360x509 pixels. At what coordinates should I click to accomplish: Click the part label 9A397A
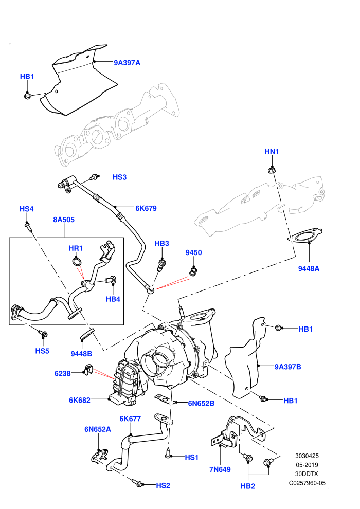tap(127, 63)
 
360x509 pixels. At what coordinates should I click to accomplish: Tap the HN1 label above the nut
tap(272, 151)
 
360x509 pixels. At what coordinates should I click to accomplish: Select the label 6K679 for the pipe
tap(146, 208)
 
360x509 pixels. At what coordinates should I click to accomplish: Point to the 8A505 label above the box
tap(64, 220)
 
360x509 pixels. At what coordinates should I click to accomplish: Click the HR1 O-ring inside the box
tap(77, 261)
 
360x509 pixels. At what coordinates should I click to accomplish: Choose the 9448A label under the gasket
tap(309, 268)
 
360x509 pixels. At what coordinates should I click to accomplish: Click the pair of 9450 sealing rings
tap(193, 271)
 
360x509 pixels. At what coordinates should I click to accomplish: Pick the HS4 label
tap(27, 209)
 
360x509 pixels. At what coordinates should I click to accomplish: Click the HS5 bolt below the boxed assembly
tap(44, 333)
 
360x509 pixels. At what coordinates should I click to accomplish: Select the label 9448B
tap(81, 354)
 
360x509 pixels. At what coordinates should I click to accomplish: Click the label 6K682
tap(80, 400)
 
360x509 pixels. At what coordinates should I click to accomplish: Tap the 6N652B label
tap(201, 403)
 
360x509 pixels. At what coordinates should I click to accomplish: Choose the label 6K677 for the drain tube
tap(130, 419)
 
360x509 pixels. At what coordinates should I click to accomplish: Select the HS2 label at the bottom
tap(163, 485)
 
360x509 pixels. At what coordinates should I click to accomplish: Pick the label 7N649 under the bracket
tap(220, 469)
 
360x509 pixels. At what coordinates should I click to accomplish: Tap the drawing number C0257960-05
tap(307, 483)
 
